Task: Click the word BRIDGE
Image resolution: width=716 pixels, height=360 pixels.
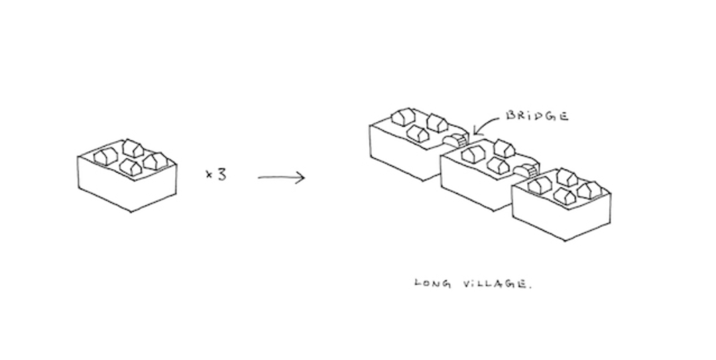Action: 537,116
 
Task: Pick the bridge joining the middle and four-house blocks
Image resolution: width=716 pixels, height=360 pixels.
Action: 526,170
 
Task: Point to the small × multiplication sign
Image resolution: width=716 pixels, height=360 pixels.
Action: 208,175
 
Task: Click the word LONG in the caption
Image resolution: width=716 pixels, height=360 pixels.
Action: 433,284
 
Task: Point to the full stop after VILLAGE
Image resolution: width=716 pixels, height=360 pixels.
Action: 530,287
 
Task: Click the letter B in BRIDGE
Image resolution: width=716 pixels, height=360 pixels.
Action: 510,116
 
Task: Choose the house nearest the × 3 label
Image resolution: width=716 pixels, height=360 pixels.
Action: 154,160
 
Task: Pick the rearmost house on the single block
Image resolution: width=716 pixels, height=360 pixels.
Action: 133,148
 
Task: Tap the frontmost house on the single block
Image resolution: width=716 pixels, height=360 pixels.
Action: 131,167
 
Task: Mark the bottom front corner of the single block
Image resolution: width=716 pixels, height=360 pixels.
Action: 131,211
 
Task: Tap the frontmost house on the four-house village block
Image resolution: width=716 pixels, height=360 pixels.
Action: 564,196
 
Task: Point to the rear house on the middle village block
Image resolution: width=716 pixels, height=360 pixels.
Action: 504,148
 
